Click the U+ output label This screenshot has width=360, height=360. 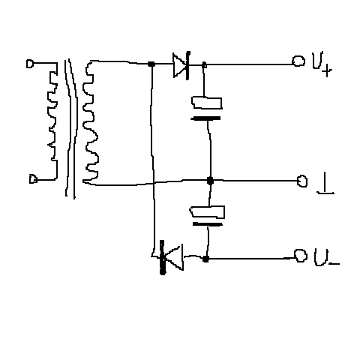pos(322,64)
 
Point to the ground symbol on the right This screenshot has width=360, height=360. pos(325,183)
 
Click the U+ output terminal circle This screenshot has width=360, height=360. pos(298,61)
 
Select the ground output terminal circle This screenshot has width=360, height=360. pos(302,181)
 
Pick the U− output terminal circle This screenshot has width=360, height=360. pos(301,255)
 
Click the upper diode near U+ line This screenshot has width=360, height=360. pos(181,65)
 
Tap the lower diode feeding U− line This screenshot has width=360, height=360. pos(172,257)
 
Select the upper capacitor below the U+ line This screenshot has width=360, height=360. pos(207,109)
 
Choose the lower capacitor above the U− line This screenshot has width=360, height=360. pos(208,216)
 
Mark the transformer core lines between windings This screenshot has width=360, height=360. pos(71,129)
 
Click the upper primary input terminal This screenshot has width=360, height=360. pos(30,64)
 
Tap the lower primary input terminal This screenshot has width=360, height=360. pos(33,179)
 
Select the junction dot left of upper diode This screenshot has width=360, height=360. pos(151,64)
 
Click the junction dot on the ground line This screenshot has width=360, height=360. pos(210,180)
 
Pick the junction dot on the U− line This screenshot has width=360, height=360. pos(205,259)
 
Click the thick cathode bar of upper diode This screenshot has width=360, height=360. pos(188,65)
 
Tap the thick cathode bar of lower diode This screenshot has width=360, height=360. pos(163,257)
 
